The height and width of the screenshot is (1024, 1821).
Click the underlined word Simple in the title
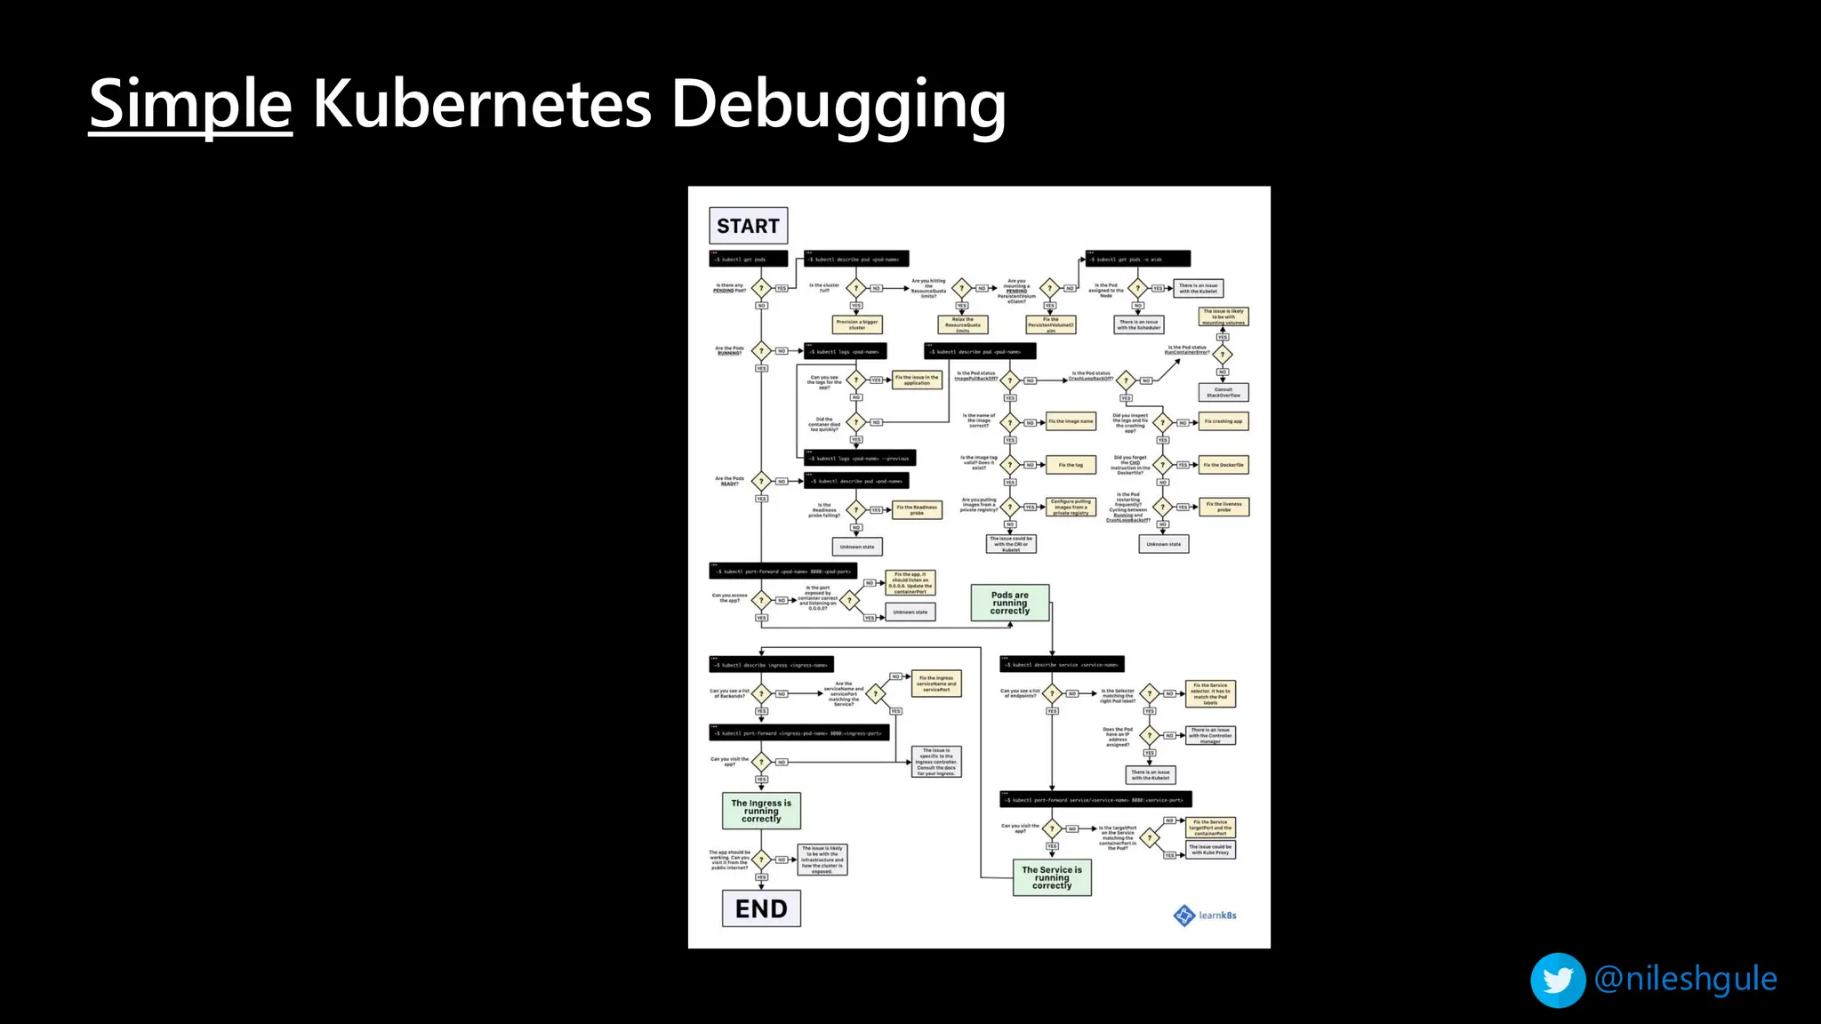click(190, 105)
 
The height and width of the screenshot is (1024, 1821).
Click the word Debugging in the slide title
click(838, 105)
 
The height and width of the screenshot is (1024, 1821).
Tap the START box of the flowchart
click(748, 226)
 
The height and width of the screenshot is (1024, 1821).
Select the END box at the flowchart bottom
click(761, 908)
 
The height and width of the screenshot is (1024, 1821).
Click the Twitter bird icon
click(1558, 980)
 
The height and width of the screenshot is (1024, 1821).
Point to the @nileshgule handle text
click(1686, 979)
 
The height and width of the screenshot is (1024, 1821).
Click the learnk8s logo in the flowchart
click(1206, 915)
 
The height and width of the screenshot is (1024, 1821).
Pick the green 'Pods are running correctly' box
click(1009, 603)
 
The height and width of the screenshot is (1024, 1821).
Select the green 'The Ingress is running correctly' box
click(761, 811)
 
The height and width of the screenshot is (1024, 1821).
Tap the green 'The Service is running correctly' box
click(1052, 877)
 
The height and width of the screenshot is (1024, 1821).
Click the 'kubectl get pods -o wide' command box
click(1137, 259)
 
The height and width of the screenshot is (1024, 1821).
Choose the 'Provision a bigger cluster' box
click(857, 324)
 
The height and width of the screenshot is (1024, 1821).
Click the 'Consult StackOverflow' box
click(1223, 392)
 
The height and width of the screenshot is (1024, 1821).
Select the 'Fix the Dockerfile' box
click(1223, 465)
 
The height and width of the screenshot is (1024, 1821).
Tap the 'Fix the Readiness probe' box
click(917, 510)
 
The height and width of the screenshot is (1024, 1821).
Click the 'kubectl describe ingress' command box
click(771, 665)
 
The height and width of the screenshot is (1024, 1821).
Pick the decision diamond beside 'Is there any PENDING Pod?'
click(761, 288)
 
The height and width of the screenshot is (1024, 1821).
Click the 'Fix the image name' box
click(1071, 421)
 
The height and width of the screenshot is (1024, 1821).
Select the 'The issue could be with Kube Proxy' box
click(1210, 849)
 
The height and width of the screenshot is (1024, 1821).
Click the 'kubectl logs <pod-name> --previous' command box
click(859, 458)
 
